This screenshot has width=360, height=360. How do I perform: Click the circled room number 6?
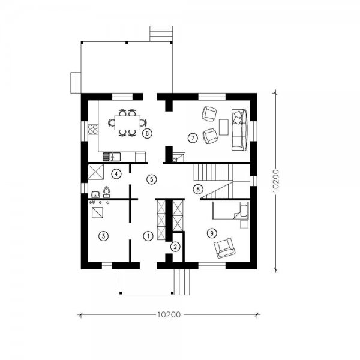pyautogui.click(x=147, y=133)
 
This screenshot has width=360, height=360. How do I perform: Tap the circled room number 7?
pyautogui.click(x=193, y=138)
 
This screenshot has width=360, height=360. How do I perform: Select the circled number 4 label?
pyautogui.click(x=116, y=174)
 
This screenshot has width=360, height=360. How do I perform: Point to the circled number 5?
pyautogui.click(x=152, y=179)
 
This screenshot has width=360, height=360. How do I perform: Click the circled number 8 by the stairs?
pyautogui.click(x=198, y=189)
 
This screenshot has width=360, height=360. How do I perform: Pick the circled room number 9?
pyautogui.click(x=212, y=233)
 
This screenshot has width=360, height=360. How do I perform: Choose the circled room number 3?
pyautogui.click(x=104, y=236)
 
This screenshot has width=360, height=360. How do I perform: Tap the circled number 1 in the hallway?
pyautogui.click(x=148, y=236)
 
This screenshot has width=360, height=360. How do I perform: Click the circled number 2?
pyautogui.click(x=175, y=247)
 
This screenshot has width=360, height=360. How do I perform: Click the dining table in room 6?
pyautogui.click(x=127, y=123)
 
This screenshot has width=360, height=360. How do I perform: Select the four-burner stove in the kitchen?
pyautogui.click(x=93, y=129)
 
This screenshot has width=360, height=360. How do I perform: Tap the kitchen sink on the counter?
pyautogui.click(x=112, y=157)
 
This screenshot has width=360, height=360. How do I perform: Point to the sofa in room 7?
pyautogui.click(x=239, y=130)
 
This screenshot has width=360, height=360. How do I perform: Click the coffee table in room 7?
pyautogui.click(x=224, y=127)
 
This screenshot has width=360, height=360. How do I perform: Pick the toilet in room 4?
pyautogui.click(x=106, y=192)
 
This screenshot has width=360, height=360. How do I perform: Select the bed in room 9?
pyautogui.click(x=230, y=211)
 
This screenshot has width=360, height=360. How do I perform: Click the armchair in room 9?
pyautogui.click(x=224, y=248)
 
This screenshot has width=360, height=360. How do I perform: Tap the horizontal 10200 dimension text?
pyautogui.click(x=169, y=314)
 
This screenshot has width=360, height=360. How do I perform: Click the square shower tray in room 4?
pyautogui.click(x=96, y=172)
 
